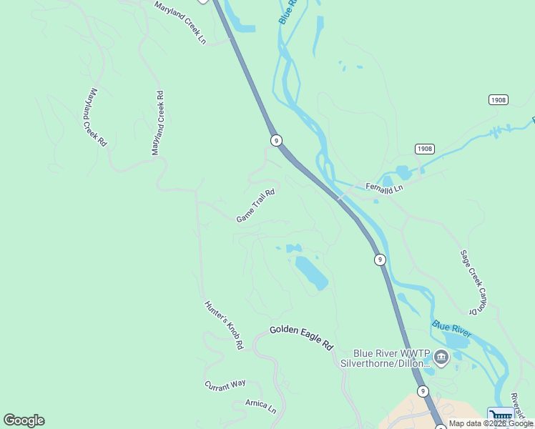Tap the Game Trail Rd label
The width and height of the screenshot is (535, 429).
(255, 206)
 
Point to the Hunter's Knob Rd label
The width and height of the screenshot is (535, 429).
(224, 325)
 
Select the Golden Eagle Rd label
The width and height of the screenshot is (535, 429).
(301, 337)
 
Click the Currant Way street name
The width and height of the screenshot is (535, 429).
(225, 385)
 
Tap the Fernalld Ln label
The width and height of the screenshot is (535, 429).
(385, 187)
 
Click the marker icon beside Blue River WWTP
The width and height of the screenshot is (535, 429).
(441, 357)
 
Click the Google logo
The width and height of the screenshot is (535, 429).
(24, 420)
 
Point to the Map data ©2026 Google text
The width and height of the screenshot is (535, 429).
(491, 423)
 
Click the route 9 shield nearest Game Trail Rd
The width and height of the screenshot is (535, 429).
(275, 140)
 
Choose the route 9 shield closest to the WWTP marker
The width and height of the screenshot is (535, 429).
(423, 390)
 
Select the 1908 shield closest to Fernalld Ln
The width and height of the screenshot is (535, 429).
(424, 149)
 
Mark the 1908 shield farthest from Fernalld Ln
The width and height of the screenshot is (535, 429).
(499, 99)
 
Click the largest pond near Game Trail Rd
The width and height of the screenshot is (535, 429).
(312, 272)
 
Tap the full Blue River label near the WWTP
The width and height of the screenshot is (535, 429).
(451, 330)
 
